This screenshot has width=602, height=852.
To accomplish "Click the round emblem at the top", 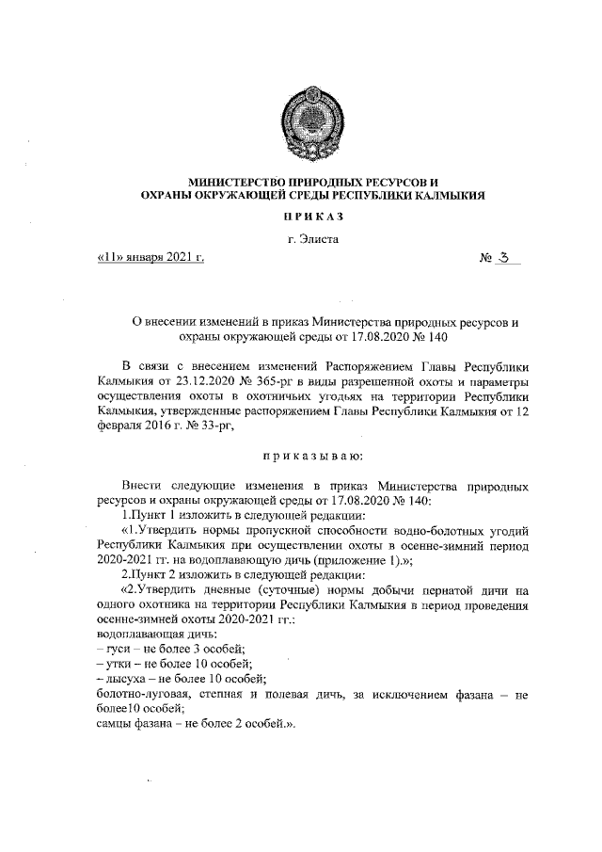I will [x=301, y=121].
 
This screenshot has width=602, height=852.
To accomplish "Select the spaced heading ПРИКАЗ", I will [x=301, y=217].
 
